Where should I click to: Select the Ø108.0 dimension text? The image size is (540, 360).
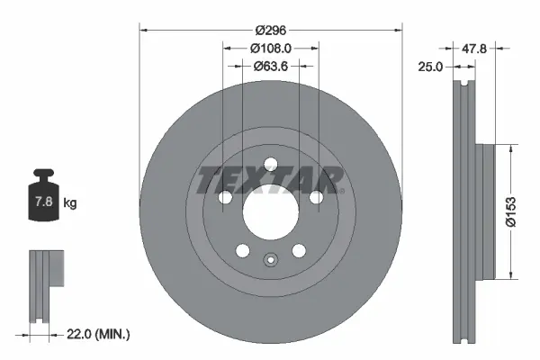click(x=269, y=48)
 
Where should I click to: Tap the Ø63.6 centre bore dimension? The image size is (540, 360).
click(x=269, y=65)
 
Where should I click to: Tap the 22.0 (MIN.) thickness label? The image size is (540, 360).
click(x=98, y=335)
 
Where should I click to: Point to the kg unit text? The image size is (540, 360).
click(x=70, y=203)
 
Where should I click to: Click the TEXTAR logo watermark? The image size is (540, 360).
click(x=270, y=179)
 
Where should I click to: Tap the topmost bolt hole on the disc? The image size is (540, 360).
click(x=270, y=163)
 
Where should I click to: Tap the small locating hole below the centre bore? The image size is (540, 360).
click(x=270, y=262)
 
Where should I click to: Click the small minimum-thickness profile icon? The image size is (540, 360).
click(x=47, y=284)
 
